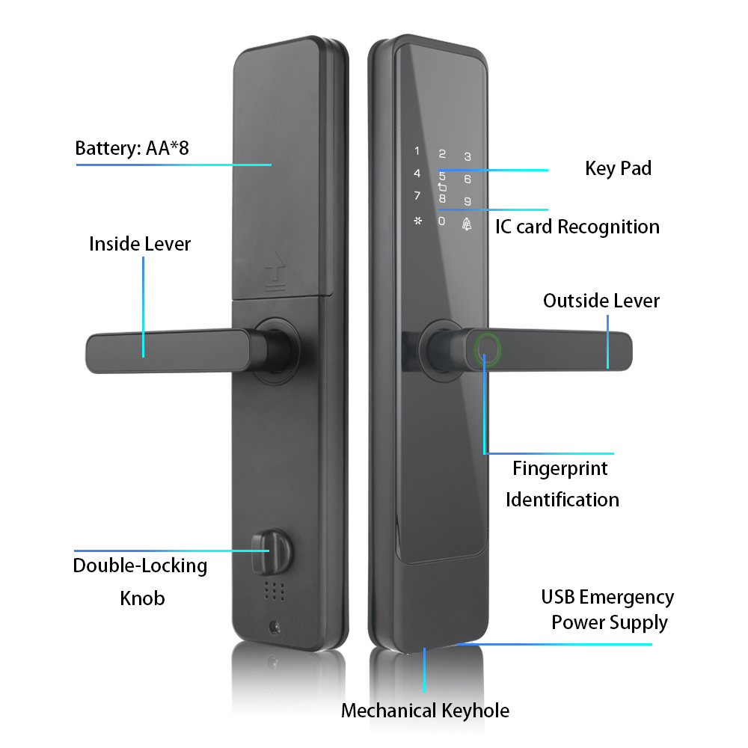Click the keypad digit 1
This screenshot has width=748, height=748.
click(417, 150)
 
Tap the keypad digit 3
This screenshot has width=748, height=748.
click(467, 156)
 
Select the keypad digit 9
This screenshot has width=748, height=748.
click(467, 201)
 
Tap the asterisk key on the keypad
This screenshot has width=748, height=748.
click(417, 221)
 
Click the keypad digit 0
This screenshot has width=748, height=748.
click(442, 221)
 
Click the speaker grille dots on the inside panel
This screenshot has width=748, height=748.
click(275, 591)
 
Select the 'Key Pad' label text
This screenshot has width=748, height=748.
click(618, 168)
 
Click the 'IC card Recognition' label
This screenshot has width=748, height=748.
click(577, 227)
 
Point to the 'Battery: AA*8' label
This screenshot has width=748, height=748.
click(132, 147)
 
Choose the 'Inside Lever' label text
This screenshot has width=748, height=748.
click(140, 244)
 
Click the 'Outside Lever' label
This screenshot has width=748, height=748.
click(601, 301)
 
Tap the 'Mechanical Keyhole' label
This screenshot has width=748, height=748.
click(425, 711)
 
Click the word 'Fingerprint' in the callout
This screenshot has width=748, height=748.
click(560, 469)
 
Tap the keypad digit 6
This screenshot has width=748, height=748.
click(467, 179)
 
